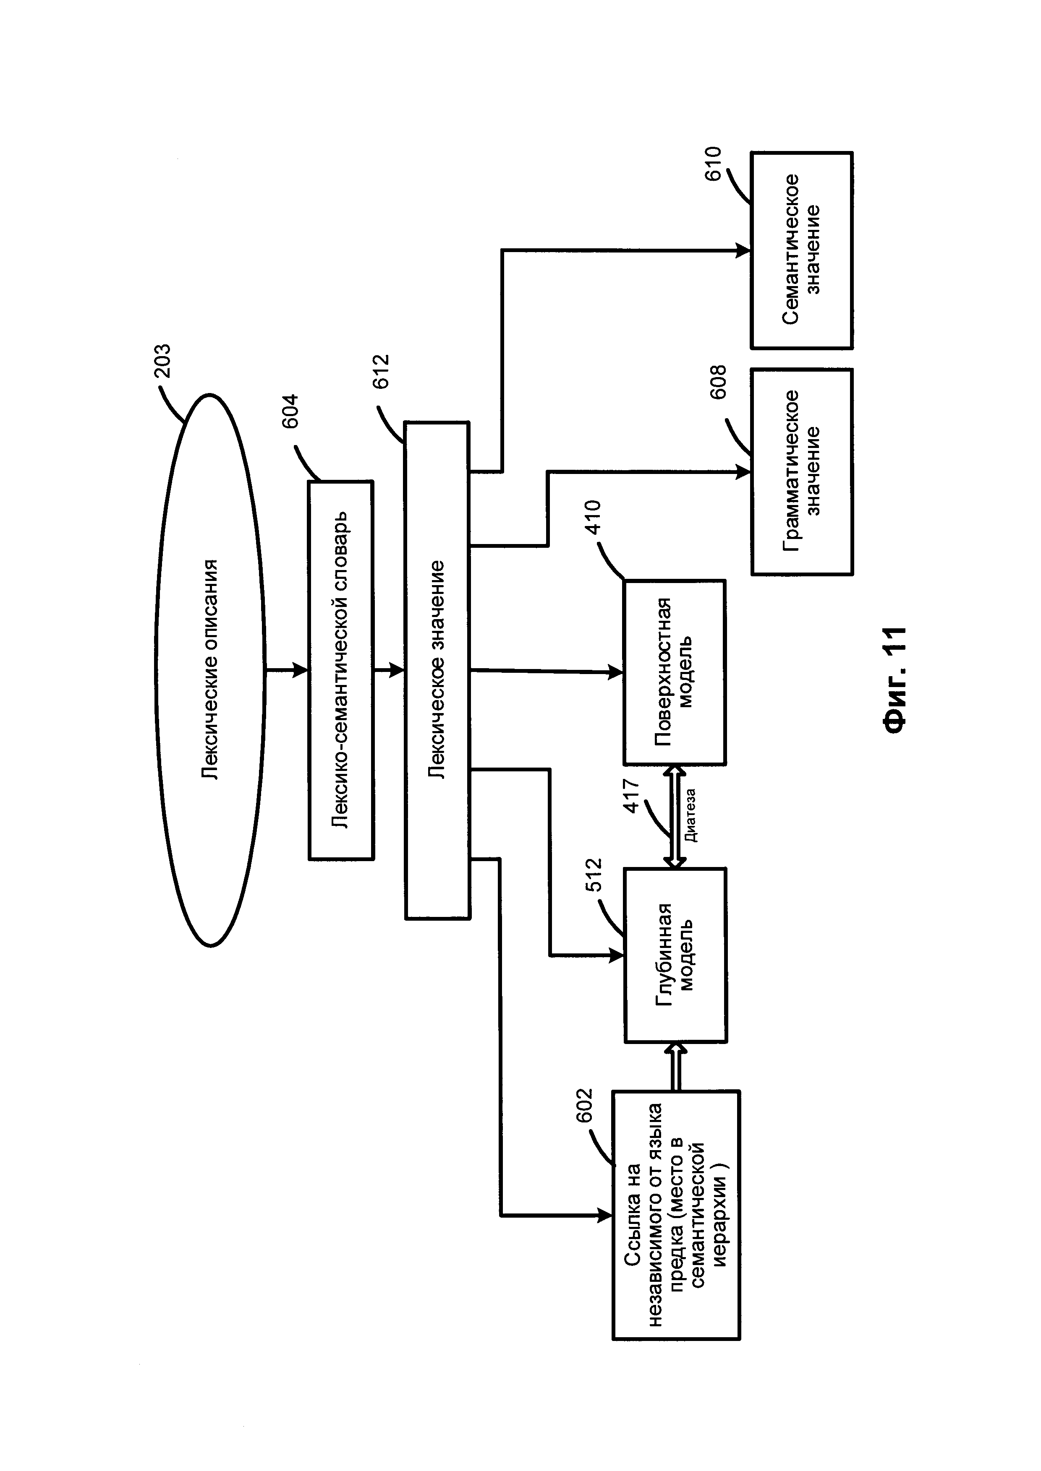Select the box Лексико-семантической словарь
point(341,670)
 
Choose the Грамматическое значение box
point(802,471)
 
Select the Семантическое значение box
point(802,250)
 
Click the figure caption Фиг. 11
point(894,680)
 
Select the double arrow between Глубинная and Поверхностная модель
point(675,816)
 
